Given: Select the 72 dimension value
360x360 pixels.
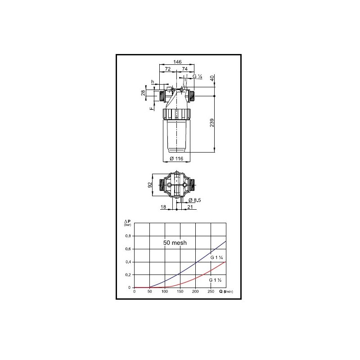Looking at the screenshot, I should pyautogui.click(x=168, y=69).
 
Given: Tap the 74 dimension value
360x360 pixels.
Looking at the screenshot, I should pyautogui.click(x=184, y=69).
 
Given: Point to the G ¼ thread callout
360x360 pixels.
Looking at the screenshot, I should pyautogui.click(x=198, y=76).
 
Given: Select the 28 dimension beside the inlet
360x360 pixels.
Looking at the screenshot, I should pyautogui.click(x=144, y=92).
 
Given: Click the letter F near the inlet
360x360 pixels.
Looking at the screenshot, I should pyautogui.click(x=151, y=108).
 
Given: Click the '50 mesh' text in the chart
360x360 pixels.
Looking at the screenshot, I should pyautogui.click(x=175, y=242).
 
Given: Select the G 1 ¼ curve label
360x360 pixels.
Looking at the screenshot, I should pyautogui.click(x=216, y=257).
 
